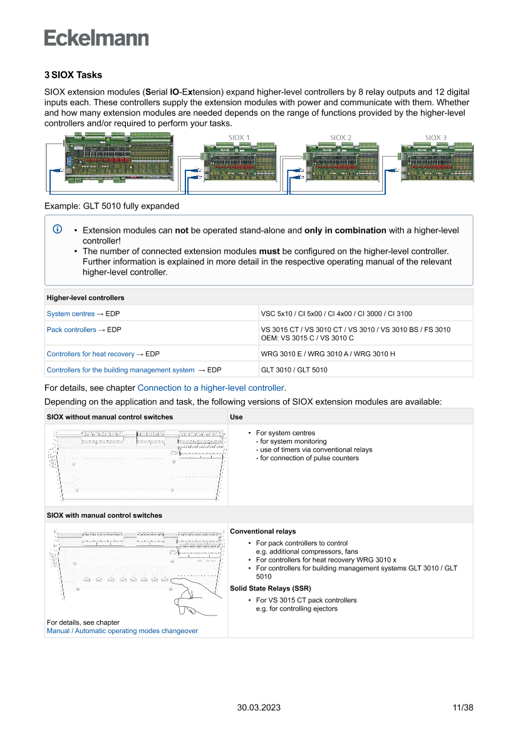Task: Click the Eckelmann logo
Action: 96,38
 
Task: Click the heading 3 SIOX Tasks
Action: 73,75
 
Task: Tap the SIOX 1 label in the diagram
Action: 239,138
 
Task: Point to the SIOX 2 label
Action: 341,138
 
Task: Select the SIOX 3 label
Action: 436,138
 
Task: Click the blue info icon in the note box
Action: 58,230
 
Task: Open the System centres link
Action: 71,314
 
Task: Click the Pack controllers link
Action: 71,329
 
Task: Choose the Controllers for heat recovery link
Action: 91,354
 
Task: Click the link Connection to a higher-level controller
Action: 211,388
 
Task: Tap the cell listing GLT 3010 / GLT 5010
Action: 294,370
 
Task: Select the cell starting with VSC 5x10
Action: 336,314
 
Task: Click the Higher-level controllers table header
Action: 86,297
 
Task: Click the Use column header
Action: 236,416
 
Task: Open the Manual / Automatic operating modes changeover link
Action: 122,631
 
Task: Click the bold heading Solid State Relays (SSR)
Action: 271,589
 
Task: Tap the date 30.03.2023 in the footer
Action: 259,708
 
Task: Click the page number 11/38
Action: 462,708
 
